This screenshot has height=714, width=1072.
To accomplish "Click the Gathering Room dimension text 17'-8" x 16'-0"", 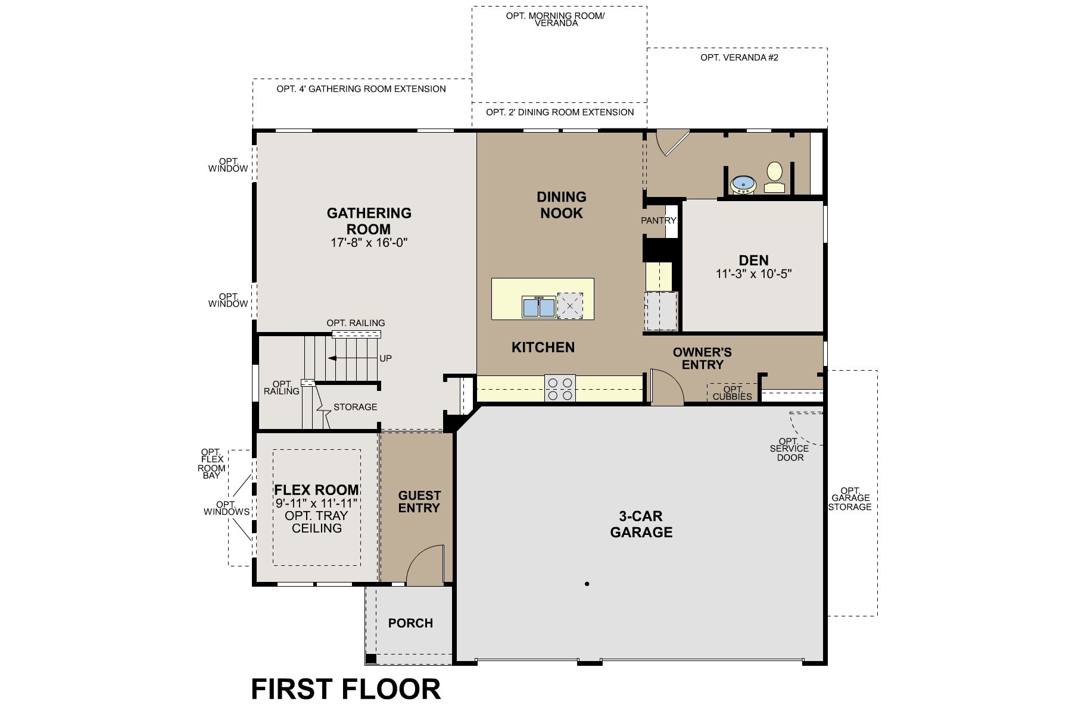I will click(x=369, y=243).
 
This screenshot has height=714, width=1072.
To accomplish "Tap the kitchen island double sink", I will click(x=539, y=307).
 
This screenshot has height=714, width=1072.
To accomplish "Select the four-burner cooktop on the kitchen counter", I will click(x=560, y=388).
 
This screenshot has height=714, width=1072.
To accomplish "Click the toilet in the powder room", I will click(x=774, y=177).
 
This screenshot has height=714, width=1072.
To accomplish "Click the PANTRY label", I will click(x=659, y=220).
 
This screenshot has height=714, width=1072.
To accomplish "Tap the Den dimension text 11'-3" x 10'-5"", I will click(x=753, y=274).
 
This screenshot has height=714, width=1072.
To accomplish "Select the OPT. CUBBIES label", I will click(x=732, y=393).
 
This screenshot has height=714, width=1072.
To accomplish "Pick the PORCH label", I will click(x=410, y=623).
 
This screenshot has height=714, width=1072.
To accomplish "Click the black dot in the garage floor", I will click(x=587, y=584).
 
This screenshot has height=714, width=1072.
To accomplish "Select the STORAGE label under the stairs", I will click(x=355, y=407).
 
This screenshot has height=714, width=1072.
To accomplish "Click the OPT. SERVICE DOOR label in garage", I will click(x=790, y=449).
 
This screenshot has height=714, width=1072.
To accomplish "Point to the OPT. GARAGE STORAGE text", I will click(x=851, y=499).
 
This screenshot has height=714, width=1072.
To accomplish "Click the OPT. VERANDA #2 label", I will click(x=739, y=58).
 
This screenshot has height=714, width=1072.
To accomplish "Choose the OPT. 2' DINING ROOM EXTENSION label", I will click(x=559, y=112).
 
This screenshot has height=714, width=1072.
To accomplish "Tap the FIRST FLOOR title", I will click(x=345, y=688).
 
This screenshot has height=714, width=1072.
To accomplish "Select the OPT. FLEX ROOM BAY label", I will click(x=212, y=464).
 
